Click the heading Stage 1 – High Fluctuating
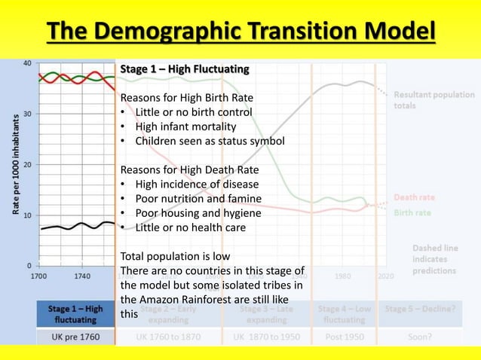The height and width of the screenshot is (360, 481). (184, 69)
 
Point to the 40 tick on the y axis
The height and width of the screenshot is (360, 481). (26, 63)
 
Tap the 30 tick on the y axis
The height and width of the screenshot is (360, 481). (26, 114)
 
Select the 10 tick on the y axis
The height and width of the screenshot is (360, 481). (26, 215)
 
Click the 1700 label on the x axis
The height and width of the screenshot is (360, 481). (40, 276)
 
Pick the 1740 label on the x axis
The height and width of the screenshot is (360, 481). (83, 276)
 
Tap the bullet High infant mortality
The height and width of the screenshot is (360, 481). (185, 126)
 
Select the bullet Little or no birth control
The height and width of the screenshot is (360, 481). (194, 112)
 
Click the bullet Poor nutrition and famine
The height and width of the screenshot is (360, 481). (198, 198)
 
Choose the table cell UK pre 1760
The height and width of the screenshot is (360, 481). (75, 336)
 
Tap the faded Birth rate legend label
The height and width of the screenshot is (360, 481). (412, 212)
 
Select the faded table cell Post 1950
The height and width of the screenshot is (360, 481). (343, 336)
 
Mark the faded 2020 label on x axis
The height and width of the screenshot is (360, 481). (385, 276)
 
